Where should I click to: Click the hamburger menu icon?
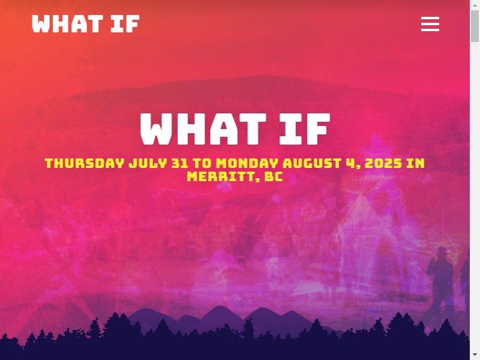click(x=430, y=24)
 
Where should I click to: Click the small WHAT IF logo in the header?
click(x=86, y=23)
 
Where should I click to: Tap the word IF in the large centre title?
click(x=305, y=129)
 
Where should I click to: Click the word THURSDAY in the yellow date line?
click(x=85, y=163)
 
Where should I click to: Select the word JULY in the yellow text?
click(x=148, y=163)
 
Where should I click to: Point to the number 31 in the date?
click(x=179, y=163)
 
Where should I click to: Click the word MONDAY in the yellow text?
click(x=247, y=163)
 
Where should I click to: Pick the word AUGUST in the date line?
click(x=312, y=163)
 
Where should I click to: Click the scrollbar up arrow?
click(x=475, y=5)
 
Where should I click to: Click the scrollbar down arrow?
click(x=475, y=355)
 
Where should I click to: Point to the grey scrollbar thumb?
click(x=475, y=26)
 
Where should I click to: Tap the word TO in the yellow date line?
click(x=202, y=163)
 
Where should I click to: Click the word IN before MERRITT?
click(x=415, y=163)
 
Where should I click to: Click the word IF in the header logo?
click(x=125, y=23)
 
